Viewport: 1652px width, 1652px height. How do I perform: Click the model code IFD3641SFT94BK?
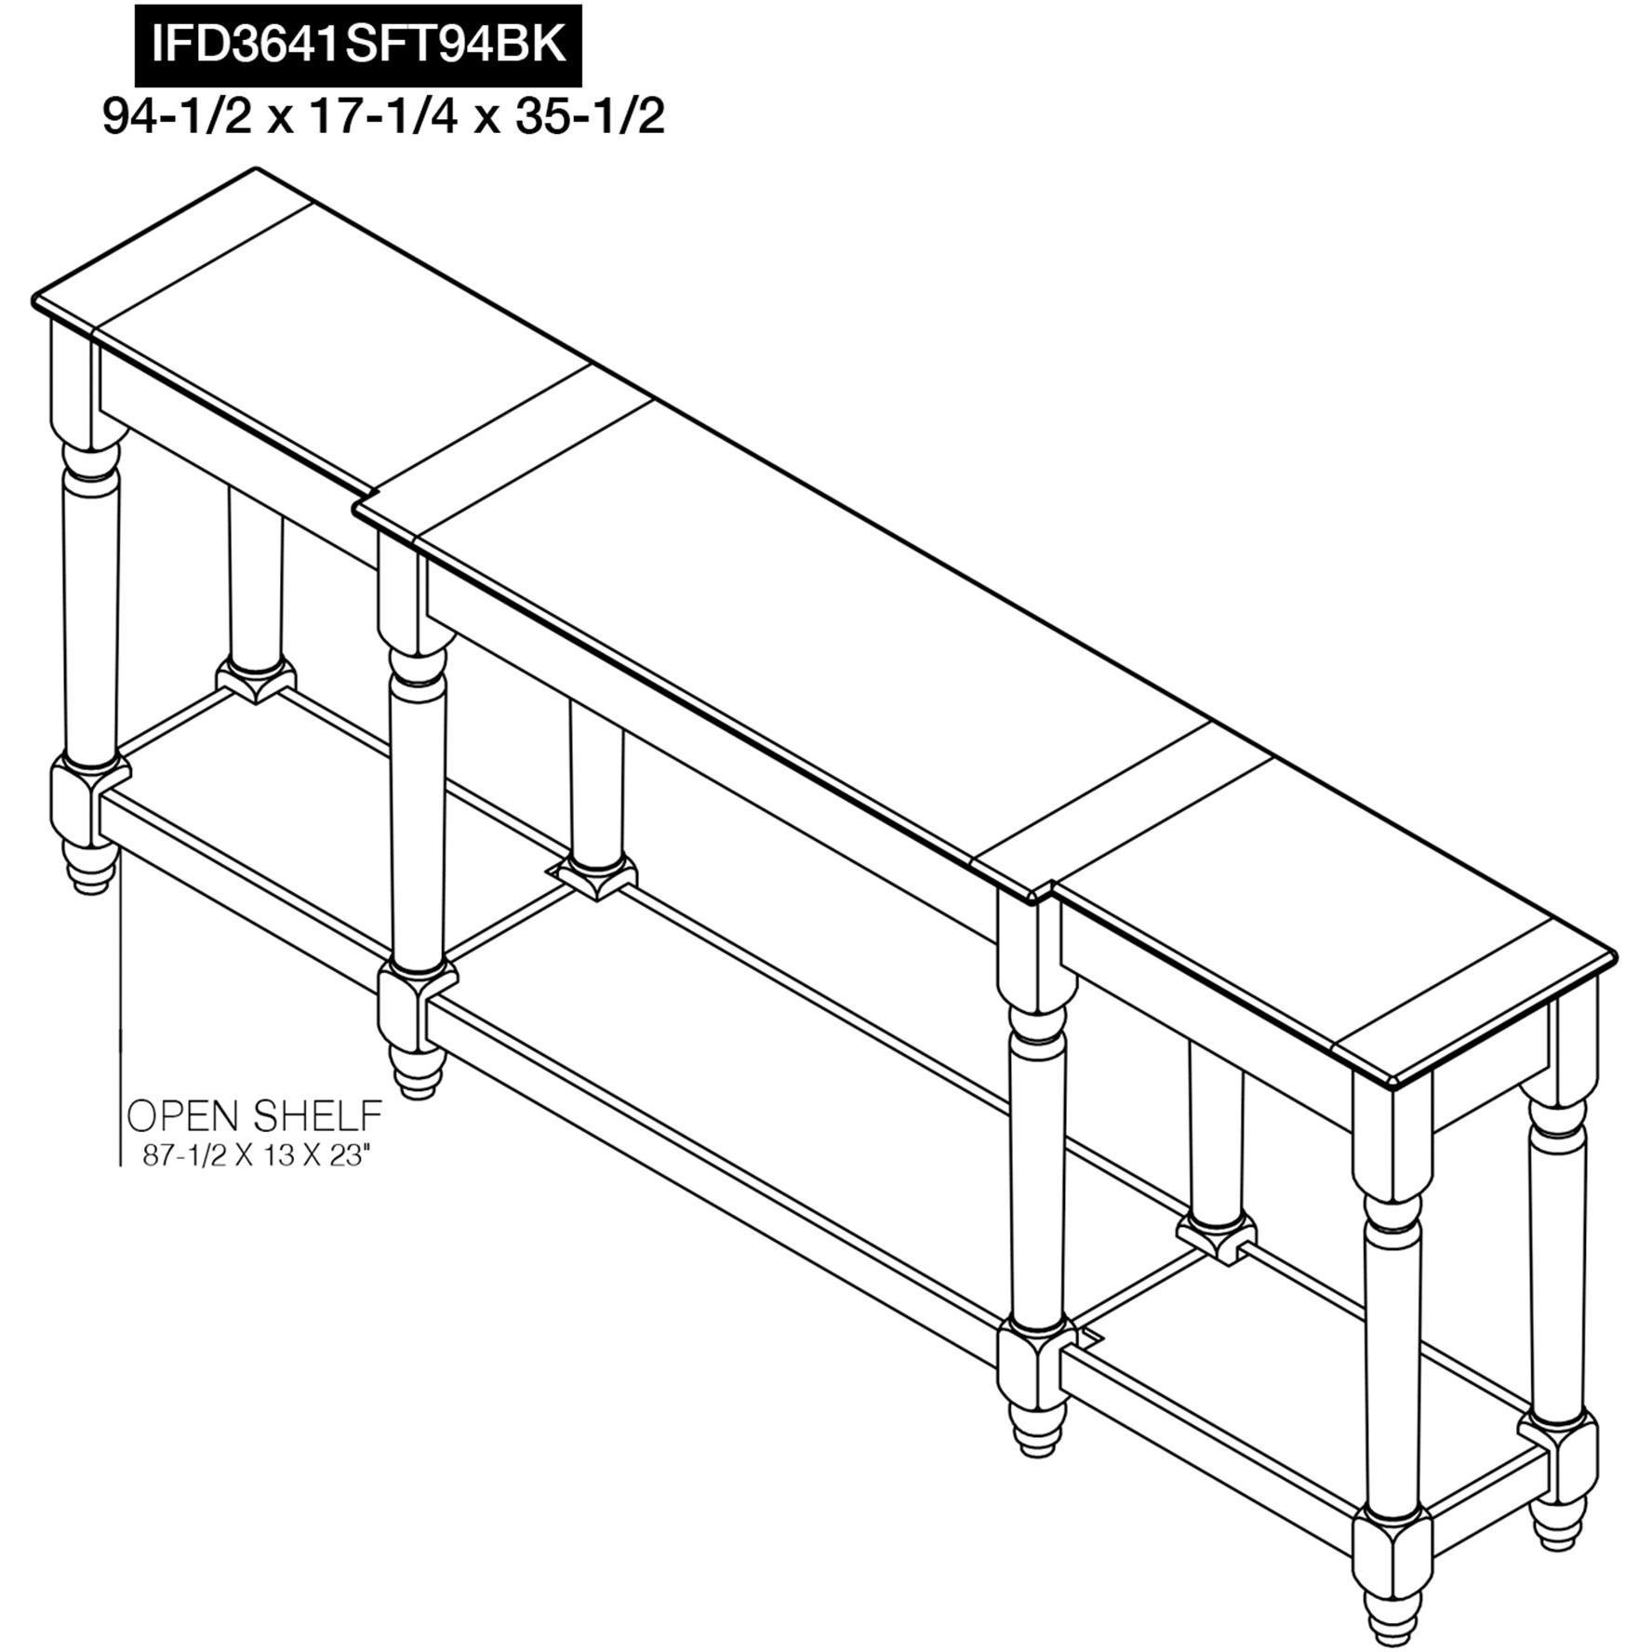pyautogui.click(x=358, y=45)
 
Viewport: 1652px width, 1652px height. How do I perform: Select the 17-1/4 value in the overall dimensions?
pyautogui.click(x=382, y=118)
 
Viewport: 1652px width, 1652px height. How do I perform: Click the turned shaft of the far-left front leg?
pyautogui.click(x=90, y=605)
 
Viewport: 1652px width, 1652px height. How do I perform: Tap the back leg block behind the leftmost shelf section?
pyautogui.click(x=256, y=679)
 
